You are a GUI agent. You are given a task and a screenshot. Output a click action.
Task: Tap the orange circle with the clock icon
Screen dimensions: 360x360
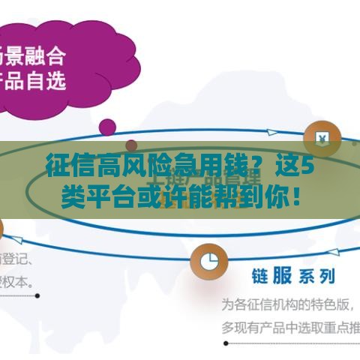pyautogui.click(x=209, y=259)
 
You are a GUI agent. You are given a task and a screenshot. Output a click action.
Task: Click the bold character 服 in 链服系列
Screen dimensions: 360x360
pyautogui.click(x=281, y=276)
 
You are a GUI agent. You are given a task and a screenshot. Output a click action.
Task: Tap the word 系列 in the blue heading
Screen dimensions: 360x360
pyautogui.click(x=317, y=277)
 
